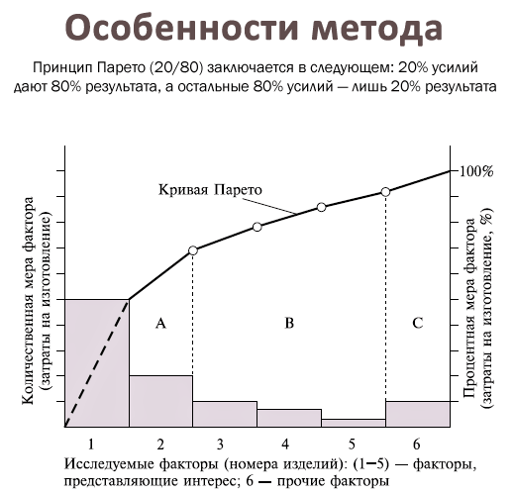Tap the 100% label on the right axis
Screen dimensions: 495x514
click(475, 170)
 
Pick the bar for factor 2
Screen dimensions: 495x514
click(160, 401)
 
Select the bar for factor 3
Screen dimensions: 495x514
click(224, 414)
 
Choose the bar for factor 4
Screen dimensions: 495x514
click(288, 418)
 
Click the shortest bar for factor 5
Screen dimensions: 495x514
click(353, 423)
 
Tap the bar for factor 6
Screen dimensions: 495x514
click(417, 414)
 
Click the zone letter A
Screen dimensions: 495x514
click(159, 323)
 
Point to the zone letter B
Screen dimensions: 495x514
click(288, 323)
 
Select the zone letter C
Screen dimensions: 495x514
click(417, 323)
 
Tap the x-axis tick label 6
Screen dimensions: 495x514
click(417, 444)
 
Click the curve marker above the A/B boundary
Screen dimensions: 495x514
click(193, 251)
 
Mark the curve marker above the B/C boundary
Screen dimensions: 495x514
click(385, 192)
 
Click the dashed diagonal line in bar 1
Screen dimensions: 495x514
click(97, 362)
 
